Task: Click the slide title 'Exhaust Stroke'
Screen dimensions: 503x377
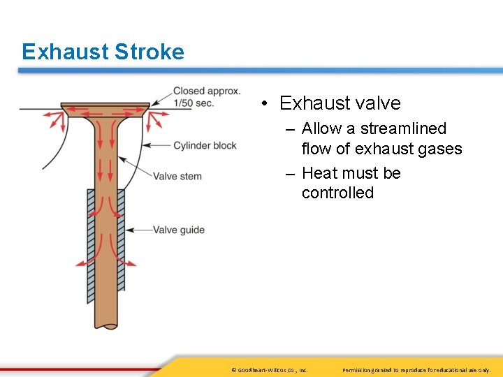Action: (x=103, y=52)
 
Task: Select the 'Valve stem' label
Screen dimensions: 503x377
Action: (x=177, y=176)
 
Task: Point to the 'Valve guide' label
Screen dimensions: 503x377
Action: (x=179, y=230)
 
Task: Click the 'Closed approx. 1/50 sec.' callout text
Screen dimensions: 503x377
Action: (x=206, y=97)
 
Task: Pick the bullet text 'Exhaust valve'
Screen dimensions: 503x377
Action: (x=340, y=103)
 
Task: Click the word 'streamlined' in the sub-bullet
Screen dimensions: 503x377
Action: (x=403, y=128)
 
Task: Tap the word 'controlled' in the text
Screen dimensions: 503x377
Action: (x=337, y=193)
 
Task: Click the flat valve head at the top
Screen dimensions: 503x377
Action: (x=105, y=107)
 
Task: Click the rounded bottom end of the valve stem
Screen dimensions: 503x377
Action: (x=105, y=323)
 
